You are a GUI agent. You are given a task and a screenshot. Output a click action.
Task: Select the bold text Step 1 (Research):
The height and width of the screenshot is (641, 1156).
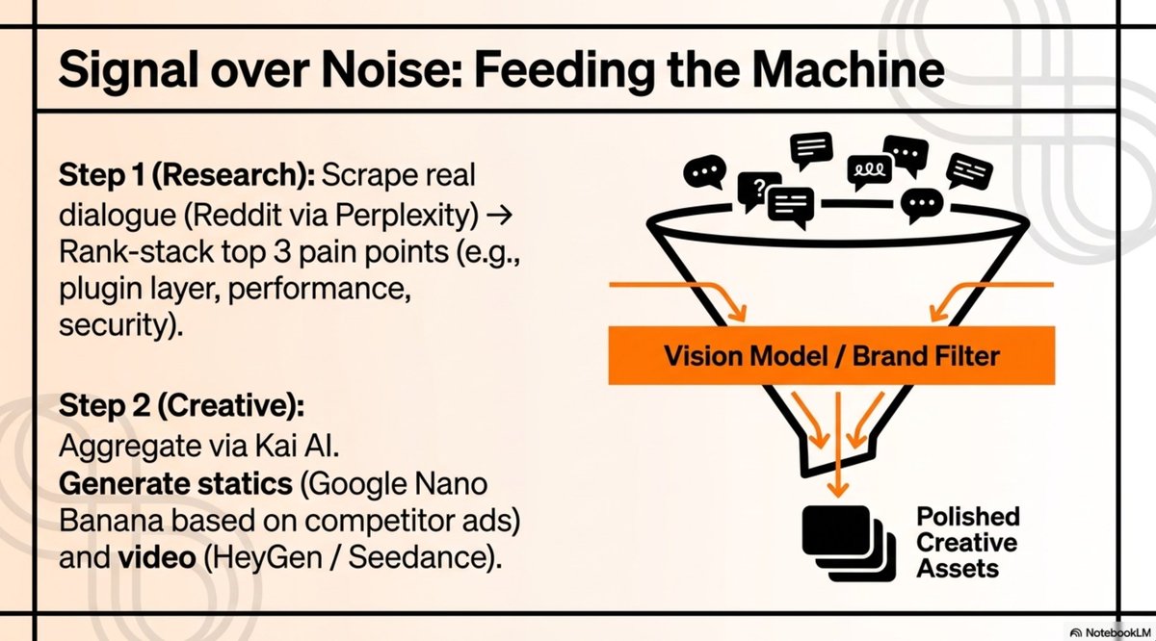187,176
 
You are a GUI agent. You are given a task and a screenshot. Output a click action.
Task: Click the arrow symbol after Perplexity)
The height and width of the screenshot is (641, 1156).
499,215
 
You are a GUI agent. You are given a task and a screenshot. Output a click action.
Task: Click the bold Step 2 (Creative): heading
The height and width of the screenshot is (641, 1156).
182,406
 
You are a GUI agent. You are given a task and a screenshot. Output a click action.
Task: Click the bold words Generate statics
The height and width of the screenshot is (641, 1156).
175,484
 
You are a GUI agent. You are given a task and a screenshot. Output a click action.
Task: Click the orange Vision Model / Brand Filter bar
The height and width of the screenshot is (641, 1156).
832,355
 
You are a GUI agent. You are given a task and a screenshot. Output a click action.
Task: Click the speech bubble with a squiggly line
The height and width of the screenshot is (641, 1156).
870,171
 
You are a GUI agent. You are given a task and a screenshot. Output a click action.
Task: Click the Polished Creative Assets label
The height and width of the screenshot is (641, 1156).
967,543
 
